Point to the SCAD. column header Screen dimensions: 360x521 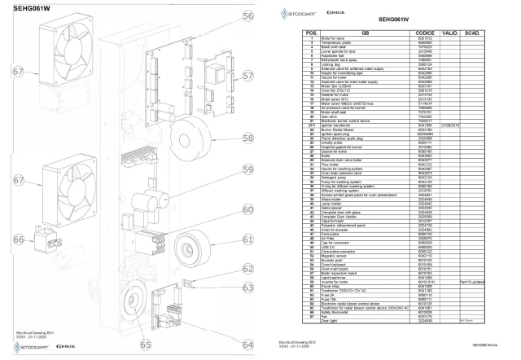[471, 33]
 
